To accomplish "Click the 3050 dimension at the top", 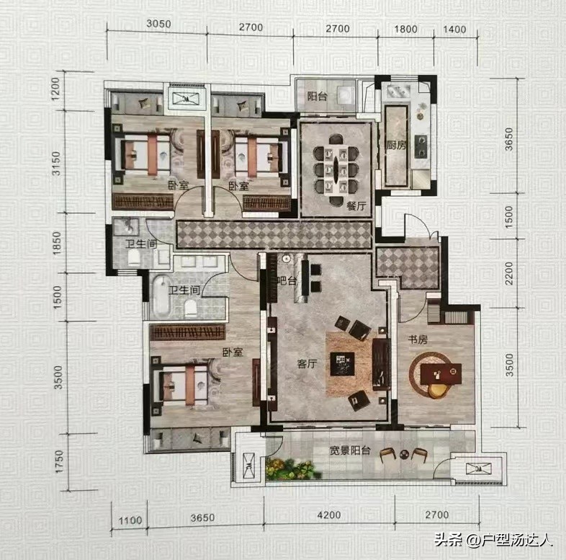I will (158, 24).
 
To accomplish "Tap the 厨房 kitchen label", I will (396, 145).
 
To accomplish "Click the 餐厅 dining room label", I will (356, 205).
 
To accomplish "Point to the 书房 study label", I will (418, 339).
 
